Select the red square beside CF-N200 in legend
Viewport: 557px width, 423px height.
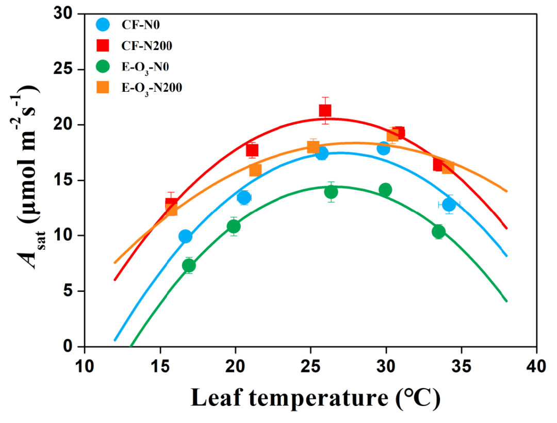pos(103,45)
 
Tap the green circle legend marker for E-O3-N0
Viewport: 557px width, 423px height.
pos(103,67)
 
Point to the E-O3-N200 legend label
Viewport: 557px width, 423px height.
pos(152,88)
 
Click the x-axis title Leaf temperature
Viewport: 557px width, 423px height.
pos(315,397)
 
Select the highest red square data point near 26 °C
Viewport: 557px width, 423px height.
pos(325,110)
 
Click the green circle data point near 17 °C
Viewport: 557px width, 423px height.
pos(189,265)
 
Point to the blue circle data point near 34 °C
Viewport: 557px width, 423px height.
pos(449,204)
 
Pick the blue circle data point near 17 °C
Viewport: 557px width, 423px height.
pos(185,236)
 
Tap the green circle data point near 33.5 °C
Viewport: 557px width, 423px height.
pos(438,232)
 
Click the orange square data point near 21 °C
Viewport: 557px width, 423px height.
pos(255,170)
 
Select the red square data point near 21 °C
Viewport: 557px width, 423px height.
pos(252,150)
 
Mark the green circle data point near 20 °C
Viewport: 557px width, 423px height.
pos(234,226)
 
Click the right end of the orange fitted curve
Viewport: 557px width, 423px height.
pos(506,191)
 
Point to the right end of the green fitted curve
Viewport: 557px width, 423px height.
pos(506,301)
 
